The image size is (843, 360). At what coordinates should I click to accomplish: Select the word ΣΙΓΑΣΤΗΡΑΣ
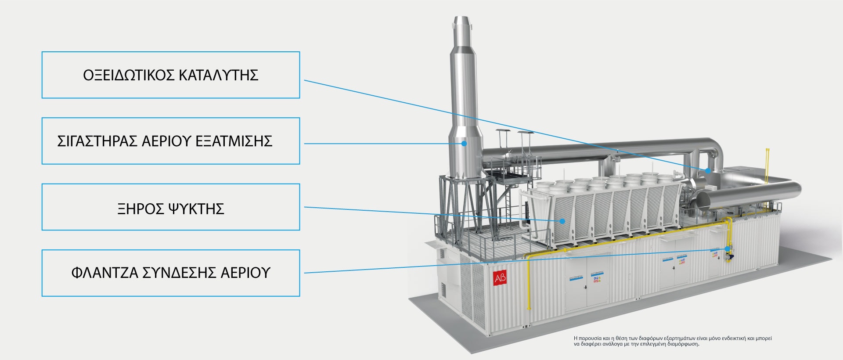97,141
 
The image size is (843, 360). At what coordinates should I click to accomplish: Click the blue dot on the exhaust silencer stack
464,143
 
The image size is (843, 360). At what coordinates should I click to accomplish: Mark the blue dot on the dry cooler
562,221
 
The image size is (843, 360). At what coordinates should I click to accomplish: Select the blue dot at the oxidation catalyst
708,170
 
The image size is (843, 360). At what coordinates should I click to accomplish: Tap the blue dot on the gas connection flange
728,249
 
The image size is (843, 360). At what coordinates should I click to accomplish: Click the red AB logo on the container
500,278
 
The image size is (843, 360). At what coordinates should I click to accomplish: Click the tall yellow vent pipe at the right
767,167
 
